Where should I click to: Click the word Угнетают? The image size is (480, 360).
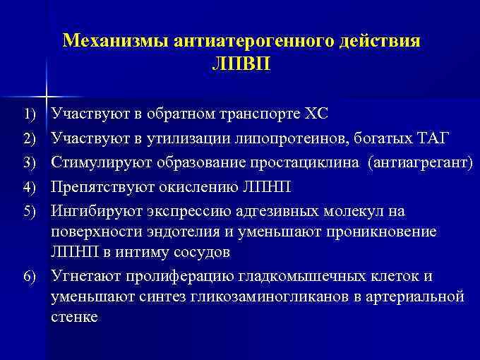coord(80,275)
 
